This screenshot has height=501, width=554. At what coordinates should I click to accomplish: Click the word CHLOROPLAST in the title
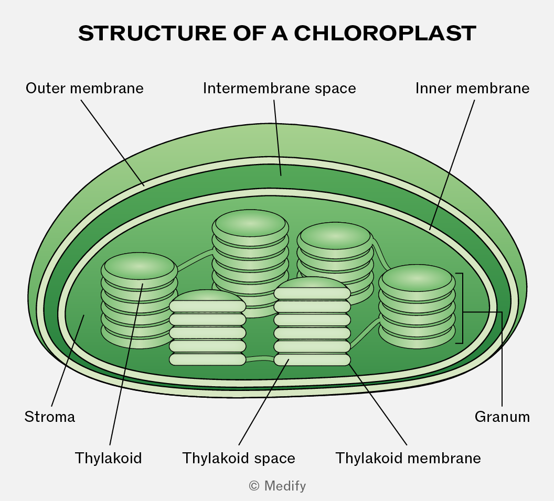click(385, 33)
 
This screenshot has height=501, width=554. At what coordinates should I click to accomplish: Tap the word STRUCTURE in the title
click(152, 33)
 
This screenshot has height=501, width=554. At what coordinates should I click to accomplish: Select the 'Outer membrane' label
click(84, 88)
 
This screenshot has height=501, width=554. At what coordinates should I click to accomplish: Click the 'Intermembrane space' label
click(279, 88)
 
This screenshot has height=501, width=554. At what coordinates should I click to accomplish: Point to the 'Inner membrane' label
click(472, 88)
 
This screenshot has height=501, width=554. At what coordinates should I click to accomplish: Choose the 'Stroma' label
click(50, 417)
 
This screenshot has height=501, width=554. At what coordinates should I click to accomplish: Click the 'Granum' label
click(502, 417)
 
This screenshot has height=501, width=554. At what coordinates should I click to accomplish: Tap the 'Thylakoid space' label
click(239, 459)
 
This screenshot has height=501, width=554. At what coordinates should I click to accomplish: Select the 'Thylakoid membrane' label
click(408, 459)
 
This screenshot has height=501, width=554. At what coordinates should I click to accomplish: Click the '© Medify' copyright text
click(278, 486)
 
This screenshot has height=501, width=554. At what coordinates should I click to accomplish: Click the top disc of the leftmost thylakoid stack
click(139, 266)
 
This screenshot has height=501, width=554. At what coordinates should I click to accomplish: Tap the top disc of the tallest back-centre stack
click(250, 224)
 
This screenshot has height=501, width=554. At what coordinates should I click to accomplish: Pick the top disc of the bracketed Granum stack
click(417, 278)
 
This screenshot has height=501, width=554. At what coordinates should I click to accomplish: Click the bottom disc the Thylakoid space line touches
click(312, 360)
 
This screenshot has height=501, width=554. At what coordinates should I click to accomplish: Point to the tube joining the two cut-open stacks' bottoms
click(260, 359)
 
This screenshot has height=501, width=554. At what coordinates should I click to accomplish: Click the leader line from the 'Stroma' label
click(68, 361)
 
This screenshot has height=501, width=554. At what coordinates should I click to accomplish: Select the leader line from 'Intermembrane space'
click(278, 138)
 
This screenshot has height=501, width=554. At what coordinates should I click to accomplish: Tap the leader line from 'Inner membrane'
click(452, 165)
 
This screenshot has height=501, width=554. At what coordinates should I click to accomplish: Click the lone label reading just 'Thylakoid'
click(108, 459)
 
